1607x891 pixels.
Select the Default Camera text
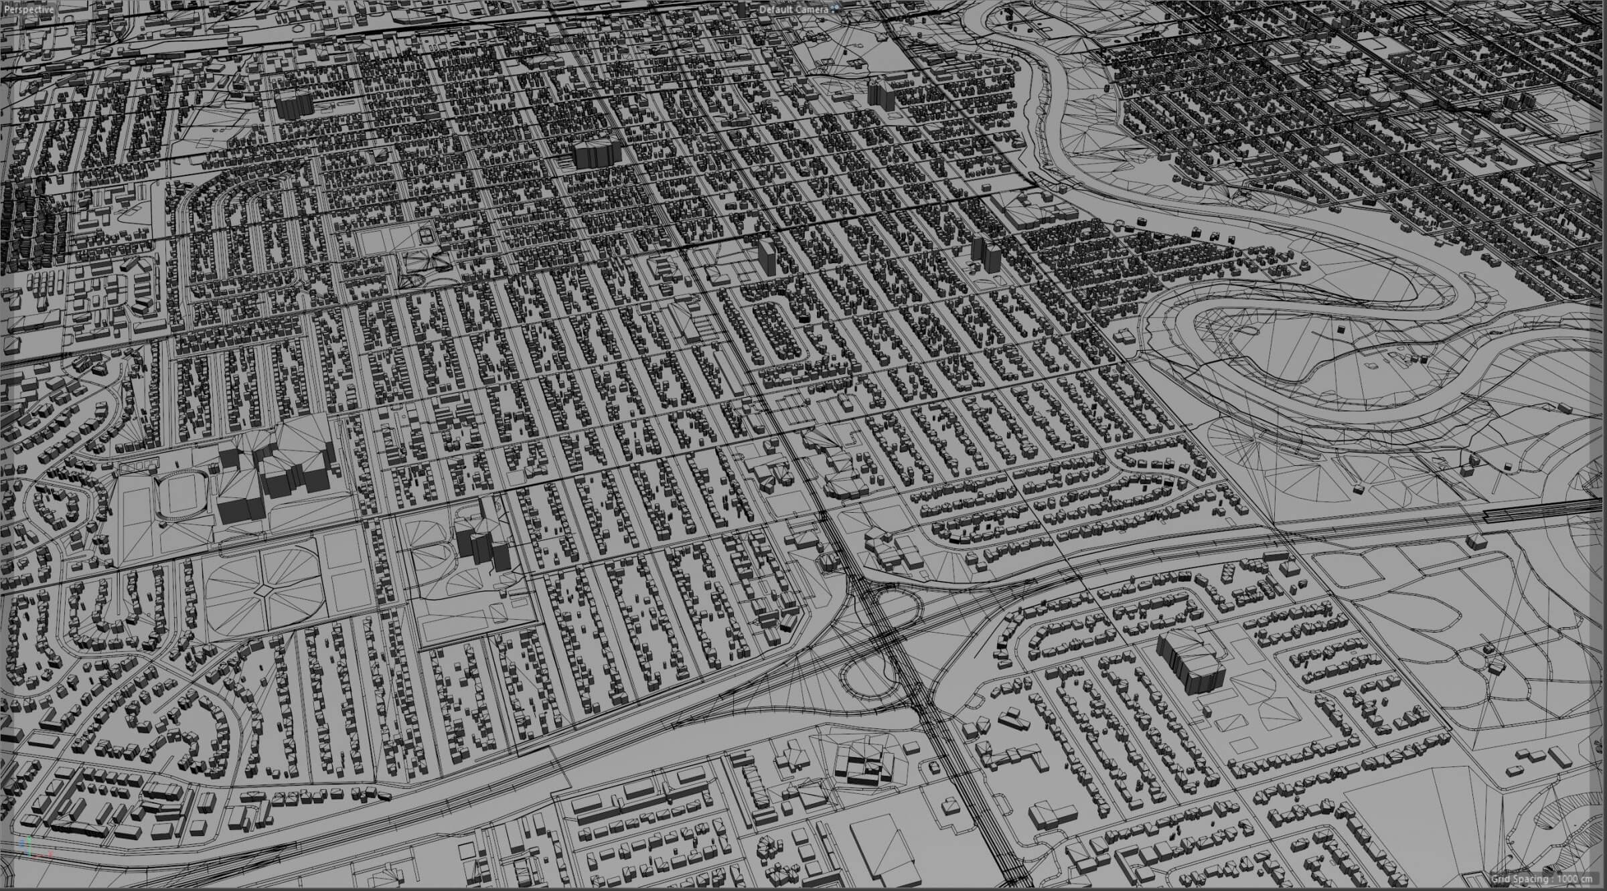click(x=793, y=10)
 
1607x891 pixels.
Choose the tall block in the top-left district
click(x=293, y=106)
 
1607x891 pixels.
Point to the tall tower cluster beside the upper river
click(x=881, y=94)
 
